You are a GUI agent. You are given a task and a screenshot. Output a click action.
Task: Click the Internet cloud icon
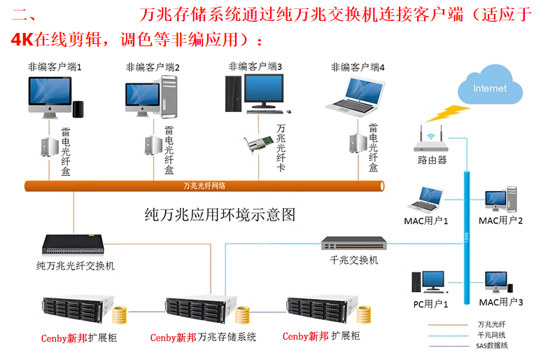click(489, 90)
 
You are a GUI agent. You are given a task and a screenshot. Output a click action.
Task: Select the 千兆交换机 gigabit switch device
click(353, 244)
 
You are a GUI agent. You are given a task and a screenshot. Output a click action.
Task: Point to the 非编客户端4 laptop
click(357, 95)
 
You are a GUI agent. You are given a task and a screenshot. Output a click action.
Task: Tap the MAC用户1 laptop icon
click(423, 200)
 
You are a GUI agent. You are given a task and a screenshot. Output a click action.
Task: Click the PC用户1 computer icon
click(428, 282)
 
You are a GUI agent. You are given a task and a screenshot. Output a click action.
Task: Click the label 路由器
click(431, 160)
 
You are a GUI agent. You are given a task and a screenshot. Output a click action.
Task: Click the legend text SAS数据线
click(493, 345)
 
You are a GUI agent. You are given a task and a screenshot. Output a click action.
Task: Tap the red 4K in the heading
click(23, 39)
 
